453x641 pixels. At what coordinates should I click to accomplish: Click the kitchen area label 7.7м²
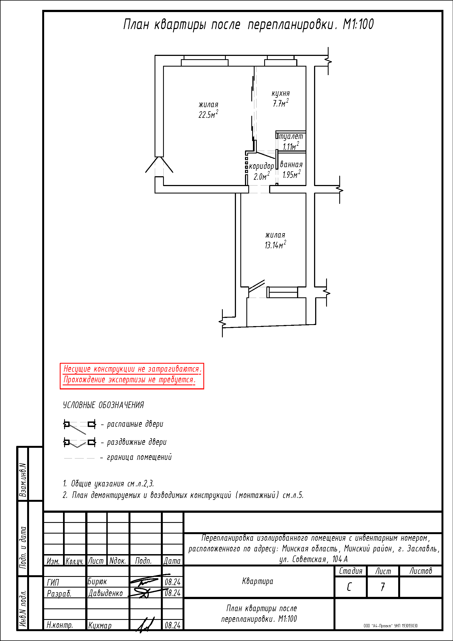[281, 103]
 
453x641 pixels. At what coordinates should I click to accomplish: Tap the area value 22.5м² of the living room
[208, 114]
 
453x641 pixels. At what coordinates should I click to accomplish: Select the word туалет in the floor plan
[291, 136]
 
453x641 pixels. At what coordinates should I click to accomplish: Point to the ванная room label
[291, 164]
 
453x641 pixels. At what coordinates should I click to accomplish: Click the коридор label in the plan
[261, 166]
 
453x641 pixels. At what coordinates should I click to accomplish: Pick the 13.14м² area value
[275, 245]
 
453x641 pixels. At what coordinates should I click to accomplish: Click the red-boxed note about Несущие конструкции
[132, 376]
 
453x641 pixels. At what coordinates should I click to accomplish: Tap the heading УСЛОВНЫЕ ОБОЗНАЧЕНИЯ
[103, 405]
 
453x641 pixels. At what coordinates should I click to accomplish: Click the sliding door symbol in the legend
[80, 443]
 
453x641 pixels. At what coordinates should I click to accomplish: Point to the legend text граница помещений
[139, 457]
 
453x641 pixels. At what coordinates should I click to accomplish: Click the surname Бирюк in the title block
[97, 582]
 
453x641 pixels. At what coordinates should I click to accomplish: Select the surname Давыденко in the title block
[106, 593]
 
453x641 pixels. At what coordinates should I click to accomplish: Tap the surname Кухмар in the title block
[100, 625]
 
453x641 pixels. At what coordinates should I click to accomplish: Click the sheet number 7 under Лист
[383, 587]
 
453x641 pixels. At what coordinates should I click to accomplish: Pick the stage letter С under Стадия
[349, 587]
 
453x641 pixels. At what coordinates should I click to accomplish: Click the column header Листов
[421, 571]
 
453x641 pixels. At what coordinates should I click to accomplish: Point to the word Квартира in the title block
[258, 581]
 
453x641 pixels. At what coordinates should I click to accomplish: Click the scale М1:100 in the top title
[358, 24]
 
